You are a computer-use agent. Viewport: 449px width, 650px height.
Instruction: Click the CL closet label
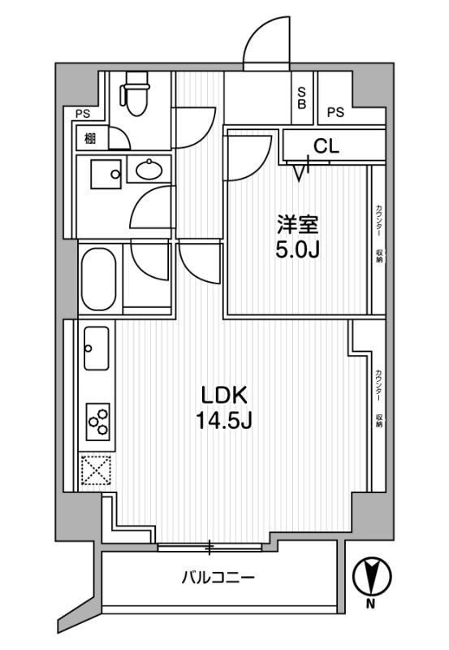(x=326, y=146)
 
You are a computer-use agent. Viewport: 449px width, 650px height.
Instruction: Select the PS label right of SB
(x=336, y=112)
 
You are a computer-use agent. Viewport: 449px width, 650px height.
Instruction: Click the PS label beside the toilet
(x=82, y=114)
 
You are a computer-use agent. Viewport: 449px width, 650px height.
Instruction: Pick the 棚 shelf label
(x=89, y=138)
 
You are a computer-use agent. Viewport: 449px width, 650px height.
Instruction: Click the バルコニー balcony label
(x=218, y=578)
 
